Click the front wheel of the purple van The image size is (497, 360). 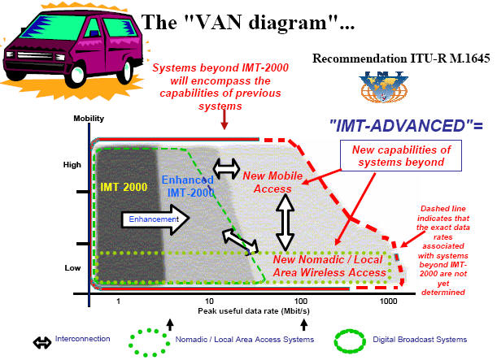76,76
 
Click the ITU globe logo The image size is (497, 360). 383,87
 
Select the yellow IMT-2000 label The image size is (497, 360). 124,187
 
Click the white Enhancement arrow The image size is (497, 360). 155,219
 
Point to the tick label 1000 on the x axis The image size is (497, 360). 388,301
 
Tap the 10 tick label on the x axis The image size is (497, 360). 209,301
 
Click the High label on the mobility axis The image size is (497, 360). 72,165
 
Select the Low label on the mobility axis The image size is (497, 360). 72,268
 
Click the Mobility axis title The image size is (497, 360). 89,119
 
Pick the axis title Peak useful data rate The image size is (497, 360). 254,311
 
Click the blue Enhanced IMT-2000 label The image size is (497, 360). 188,186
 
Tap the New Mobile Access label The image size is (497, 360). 272,182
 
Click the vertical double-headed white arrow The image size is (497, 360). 285,223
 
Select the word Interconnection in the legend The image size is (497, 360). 82,339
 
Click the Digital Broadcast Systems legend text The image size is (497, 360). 420,340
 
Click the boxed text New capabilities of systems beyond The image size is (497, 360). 401,156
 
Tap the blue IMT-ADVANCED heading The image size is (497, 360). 407,126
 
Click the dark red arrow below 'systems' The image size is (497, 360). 225,119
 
